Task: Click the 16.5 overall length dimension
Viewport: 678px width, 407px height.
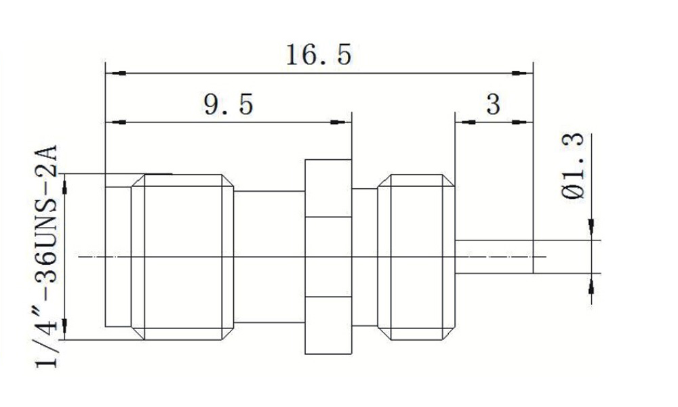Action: tap(319, 55)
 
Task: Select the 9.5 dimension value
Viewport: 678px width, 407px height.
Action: tap(228, 104)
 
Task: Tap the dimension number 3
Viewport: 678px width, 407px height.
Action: tap(494, 104)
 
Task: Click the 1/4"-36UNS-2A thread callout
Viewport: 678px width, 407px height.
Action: tap(46, 256)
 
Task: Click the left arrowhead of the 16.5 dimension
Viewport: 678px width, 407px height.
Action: tap(116, 73)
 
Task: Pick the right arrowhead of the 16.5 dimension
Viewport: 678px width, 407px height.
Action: tap(522, 73)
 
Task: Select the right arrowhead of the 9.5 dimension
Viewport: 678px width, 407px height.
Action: tap(341, 123)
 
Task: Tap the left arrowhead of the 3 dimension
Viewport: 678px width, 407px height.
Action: tap(465, 123)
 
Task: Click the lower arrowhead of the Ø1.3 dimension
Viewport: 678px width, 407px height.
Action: tap(591, 284)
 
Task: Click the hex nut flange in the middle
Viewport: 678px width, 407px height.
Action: tap(328, 257)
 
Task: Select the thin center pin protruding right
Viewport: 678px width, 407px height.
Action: tap(494, 257)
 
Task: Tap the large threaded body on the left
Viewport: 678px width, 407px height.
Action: tap(182, 257)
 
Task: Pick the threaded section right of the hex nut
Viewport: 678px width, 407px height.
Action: tap(416, 257)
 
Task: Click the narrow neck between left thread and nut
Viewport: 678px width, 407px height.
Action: tap(269, 257)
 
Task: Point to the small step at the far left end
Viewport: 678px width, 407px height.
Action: tap(118, 257)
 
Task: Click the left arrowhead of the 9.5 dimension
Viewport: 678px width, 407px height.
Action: tap(116, 123)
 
